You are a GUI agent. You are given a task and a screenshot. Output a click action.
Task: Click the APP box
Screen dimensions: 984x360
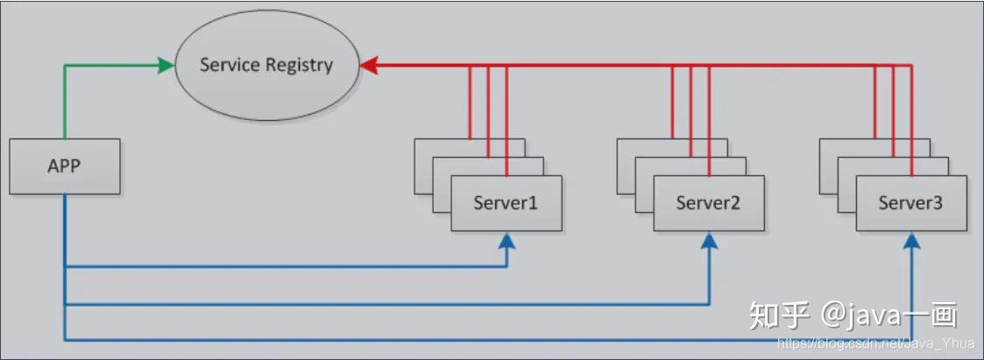(x=65, y=166)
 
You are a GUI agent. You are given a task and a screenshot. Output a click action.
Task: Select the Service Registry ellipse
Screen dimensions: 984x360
(x=266, y=65)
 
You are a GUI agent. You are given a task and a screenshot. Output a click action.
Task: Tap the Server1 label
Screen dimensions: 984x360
(x=506, y=203)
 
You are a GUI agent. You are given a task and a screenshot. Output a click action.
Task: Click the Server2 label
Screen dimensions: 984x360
(x=709, y=203)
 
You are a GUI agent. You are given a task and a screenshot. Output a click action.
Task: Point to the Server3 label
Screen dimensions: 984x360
(x=910, y=203)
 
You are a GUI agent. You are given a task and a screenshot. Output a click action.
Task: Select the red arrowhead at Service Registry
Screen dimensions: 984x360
(x=368, y=65)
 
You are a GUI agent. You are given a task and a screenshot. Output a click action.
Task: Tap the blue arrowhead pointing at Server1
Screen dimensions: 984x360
(x=506, y=241)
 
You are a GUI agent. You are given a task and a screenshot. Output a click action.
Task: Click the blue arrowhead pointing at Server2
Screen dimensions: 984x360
(x=709, y=241)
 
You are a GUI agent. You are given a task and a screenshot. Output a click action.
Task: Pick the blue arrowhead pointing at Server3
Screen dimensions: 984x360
(x=911, y=241)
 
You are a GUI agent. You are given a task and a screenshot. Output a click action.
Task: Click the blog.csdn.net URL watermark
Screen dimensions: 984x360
(x=875, y=343)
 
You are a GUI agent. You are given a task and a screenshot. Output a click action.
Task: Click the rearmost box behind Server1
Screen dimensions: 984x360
(x=470, y=166)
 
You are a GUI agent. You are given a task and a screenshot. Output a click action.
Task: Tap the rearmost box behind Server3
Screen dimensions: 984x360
(x=874, y=166)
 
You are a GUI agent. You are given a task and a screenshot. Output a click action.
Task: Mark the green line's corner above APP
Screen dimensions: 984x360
(x=65, y=65)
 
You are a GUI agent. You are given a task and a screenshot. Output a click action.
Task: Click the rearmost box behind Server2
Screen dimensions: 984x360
(x=672, y=166)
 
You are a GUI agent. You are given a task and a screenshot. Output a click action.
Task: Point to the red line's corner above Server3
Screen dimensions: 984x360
(x=911, y=65)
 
